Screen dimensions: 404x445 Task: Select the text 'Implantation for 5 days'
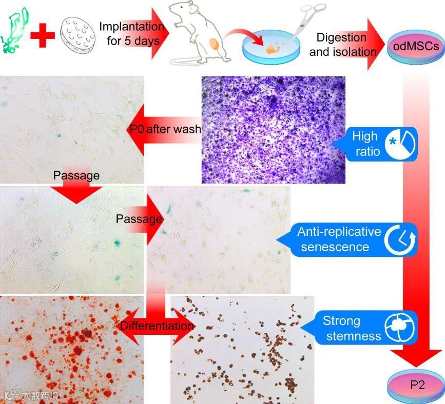[131, 33]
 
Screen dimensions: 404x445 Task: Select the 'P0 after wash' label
[165, 129]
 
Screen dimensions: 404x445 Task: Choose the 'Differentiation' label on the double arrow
[157, 326]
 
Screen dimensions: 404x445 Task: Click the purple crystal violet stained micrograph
[273, 129]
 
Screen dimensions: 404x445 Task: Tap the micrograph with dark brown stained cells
[242, 349]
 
